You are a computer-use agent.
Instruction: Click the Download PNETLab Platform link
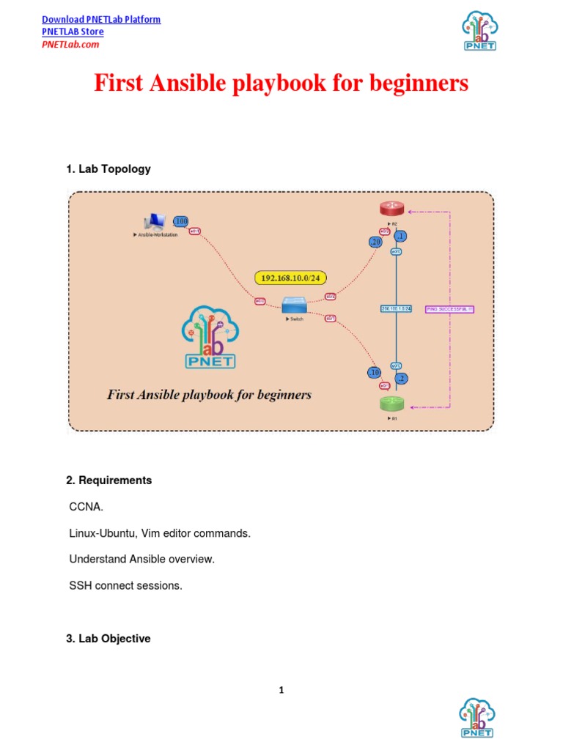[x=101, y=19]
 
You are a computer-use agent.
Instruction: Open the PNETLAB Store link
[x=73, y=31]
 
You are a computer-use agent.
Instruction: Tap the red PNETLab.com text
[x=70, y=44]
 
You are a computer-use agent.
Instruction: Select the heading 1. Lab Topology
[x=108, y=168]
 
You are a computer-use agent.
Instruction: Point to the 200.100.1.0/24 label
[x=397, y=308]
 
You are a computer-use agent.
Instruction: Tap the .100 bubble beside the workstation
[x=180, y=221]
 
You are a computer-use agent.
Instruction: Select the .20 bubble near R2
[x=376, y=242]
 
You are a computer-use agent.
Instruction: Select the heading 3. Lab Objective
[x=108, y=639]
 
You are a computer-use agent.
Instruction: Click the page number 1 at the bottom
[x=281, y=690]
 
